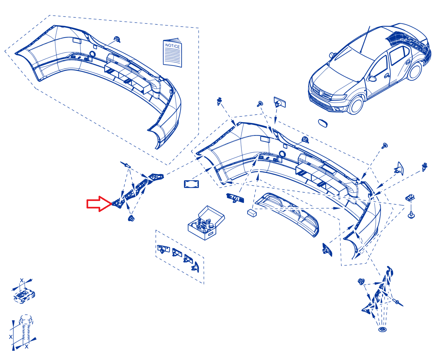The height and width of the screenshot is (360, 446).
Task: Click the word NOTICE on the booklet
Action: pos(172,46)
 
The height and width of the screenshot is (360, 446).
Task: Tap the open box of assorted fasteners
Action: pos(206,223)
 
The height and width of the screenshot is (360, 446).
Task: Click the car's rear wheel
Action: pos(414,71)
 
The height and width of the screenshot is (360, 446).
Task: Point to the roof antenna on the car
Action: pos(365,39)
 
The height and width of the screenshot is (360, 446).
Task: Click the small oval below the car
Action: pos(323,123)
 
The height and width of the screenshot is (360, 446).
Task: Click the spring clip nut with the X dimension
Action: pos(24,295)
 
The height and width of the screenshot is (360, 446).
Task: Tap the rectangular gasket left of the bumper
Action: pos(191,184)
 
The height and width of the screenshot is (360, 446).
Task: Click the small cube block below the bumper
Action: pos(252,213)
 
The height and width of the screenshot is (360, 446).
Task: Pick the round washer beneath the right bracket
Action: pos(382,329)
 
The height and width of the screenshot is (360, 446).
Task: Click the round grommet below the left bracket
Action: pos(131,218)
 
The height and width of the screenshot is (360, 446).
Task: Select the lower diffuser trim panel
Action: pos(287,215)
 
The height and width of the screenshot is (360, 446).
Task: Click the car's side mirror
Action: pos(372,78)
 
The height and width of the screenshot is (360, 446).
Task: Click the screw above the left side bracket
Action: pos(126,165)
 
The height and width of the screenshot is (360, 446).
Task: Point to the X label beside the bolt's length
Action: pos(11,337)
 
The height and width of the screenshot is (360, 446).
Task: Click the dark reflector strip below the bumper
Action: pos(235,198)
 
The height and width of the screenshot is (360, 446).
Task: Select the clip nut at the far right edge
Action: pos(410,197)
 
